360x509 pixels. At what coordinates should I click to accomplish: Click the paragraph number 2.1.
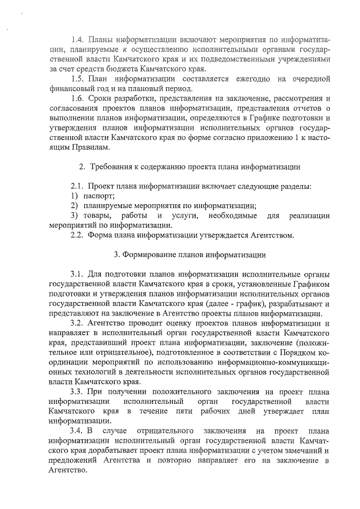click(x=78, y=186)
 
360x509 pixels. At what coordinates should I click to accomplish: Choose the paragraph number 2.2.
click(x=78, y=235)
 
